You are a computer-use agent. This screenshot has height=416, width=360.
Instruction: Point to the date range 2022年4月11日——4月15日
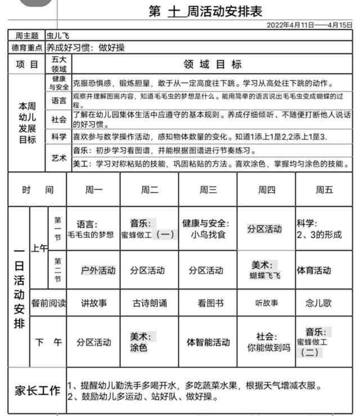point(309,25)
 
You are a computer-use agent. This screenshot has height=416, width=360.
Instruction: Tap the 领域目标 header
point(213,64)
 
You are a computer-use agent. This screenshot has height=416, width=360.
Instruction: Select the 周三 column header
point(208,190)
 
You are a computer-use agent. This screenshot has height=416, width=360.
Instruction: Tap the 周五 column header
point(324,190)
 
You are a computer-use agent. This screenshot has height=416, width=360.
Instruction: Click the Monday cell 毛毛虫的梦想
point(91,234)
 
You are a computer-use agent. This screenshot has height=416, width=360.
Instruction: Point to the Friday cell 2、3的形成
point(319,234)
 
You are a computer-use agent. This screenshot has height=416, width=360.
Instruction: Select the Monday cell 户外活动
point(98,270)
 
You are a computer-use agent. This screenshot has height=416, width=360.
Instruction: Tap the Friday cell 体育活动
point(314,270)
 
